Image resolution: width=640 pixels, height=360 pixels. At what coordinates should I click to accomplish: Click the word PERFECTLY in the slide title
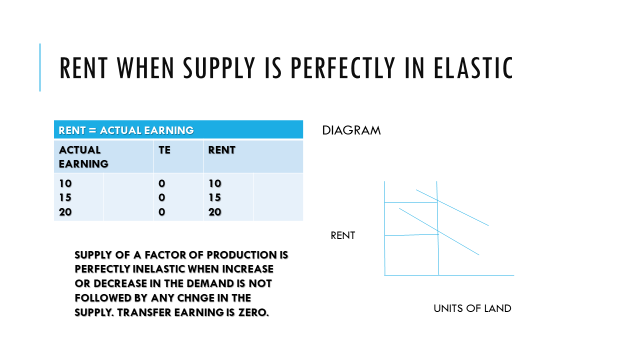353,69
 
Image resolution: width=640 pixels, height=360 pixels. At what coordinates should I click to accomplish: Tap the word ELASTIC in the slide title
473,69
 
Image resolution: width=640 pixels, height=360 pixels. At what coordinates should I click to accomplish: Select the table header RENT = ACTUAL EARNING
125,130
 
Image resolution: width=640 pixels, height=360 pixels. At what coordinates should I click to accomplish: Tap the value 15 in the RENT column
214,198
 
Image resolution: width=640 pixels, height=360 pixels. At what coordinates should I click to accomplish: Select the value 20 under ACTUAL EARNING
66,212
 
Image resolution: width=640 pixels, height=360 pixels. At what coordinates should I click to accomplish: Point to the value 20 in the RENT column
214,212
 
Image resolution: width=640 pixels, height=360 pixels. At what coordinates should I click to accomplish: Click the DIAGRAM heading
347,131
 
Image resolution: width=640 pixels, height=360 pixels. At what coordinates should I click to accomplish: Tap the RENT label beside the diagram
343,236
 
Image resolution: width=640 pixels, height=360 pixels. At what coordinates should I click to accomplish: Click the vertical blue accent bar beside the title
41,68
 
